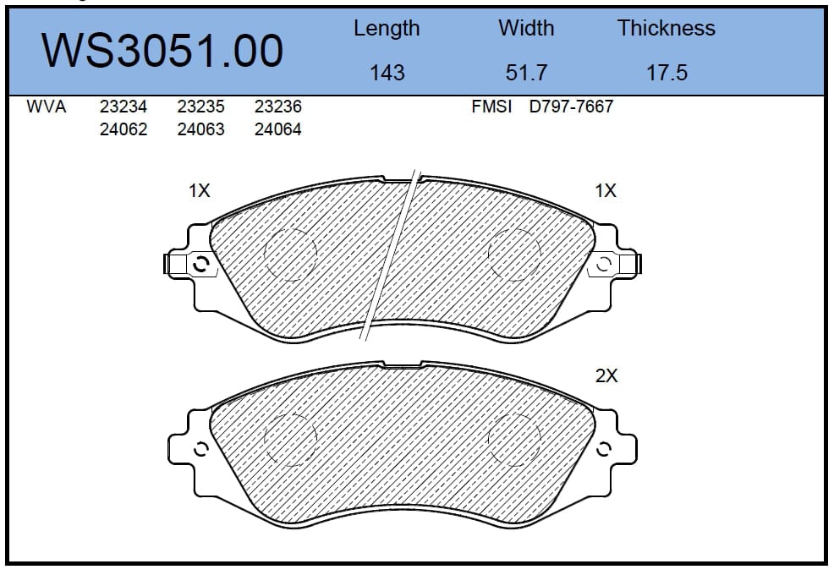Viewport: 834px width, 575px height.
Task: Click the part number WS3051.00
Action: [x=162, y=51]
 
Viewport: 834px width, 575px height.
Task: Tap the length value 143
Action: [x=387, y=73]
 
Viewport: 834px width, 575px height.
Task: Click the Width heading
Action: [x=526, y=28]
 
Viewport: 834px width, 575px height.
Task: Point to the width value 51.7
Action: [x=526, y=73]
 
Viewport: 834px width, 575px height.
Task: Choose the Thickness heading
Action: [x=667, y=28]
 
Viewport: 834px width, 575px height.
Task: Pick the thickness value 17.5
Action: [x=667, y=73]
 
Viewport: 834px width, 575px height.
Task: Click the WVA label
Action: [x=47, y=107]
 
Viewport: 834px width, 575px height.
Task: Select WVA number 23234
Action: [x=123, y=107]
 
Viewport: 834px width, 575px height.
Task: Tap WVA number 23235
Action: [x=201, y=107]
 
